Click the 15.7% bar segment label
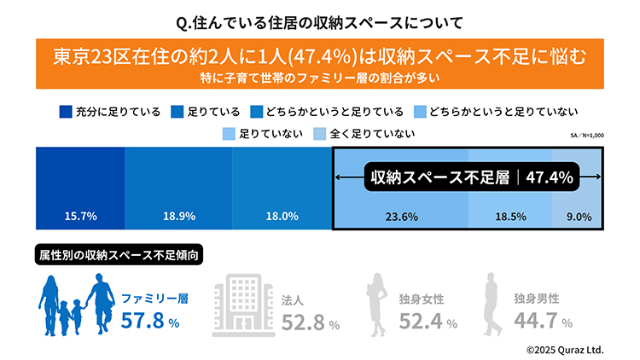(x=79, y=217)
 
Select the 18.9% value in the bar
(x=177, y=217)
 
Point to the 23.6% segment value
(x=402, y=217)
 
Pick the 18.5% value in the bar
(x=509, y=217)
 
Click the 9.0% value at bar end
(x=579, y=217)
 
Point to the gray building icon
(x=242, y=305)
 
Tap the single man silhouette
(x=492, y=305)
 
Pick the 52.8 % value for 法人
(x=311, y=322)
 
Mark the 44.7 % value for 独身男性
(x=543, y=322)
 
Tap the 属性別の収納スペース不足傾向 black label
(x=119, y=254)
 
